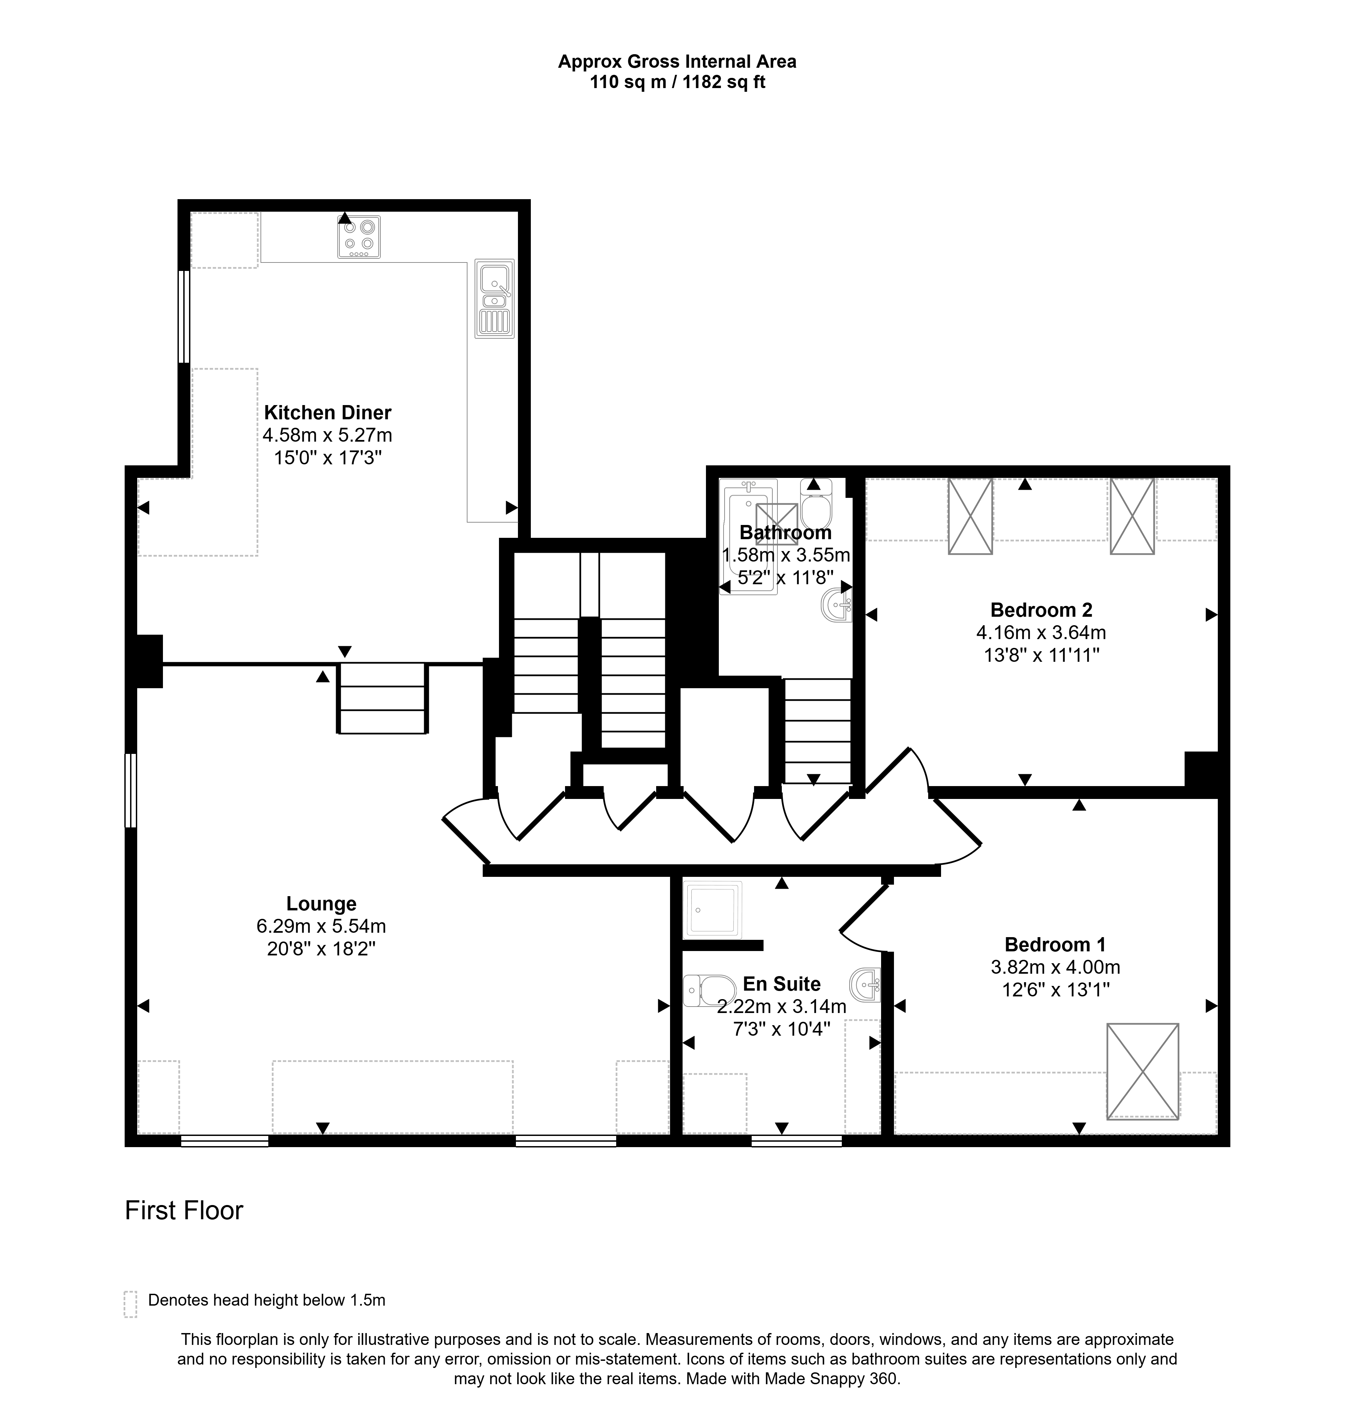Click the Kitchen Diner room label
click(x=328, y=413)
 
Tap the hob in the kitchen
click(x=359, y=237)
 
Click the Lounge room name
click(x=321, y=904)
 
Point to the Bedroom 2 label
click(x=1041, y=610)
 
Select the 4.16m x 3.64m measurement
click(x=1041, y=633)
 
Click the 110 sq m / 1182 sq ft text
click(x=677, y=82)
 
